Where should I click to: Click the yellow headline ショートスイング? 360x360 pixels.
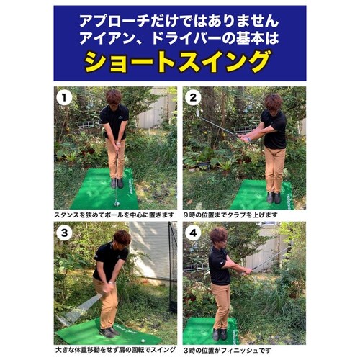pos(178,61)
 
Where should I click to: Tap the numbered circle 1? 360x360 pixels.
pos(64,98)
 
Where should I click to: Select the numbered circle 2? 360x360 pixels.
pos(193,98)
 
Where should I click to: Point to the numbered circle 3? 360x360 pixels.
pos(64,233)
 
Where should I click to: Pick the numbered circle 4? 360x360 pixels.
pos(193,233)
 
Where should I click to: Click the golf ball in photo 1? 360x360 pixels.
pos(117,204)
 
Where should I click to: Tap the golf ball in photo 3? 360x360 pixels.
pos(143,341)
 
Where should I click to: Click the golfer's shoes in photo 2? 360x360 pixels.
pos(274,197)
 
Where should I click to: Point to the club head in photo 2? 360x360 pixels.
pos(198,113)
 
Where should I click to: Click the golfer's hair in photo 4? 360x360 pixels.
pos(218,234)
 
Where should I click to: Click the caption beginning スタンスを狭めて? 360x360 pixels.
pos(114,215)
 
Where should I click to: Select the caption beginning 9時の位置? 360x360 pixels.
pos(230,215)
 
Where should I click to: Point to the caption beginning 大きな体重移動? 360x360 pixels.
pos(115,350)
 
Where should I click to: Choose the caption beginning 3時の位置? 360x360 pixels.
pos(228,351)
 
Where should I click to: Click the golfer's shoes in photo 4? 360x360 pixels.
pos(220,335)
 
